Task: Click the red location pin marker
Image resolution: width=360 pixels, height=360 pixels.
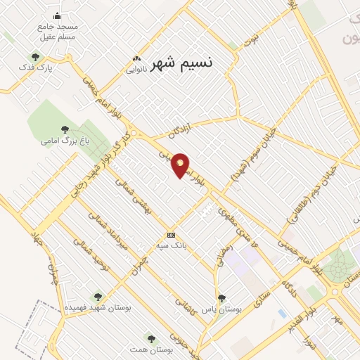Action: pos(181,165)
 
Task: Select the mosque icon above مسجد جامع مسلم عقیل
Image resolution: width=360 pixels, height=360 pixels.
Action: pos(58,15)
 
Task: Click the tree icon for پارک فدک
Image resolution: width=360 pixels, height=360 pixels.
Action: pos(35,57)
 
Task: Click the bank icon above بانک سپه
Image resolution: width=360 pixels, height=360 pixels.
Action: pos(170,235)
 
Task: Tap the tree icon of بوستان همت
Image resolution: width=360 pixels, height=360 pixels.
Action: pos(150,339)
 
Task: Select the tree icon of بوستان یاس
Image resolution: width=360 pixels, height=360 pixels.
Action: pos(221,298)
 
